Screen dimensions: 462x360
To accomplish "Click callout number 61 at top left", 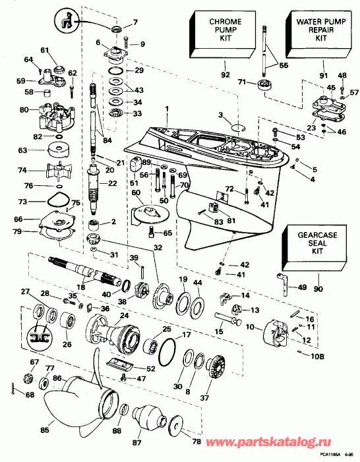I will (x=45, y=50).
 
